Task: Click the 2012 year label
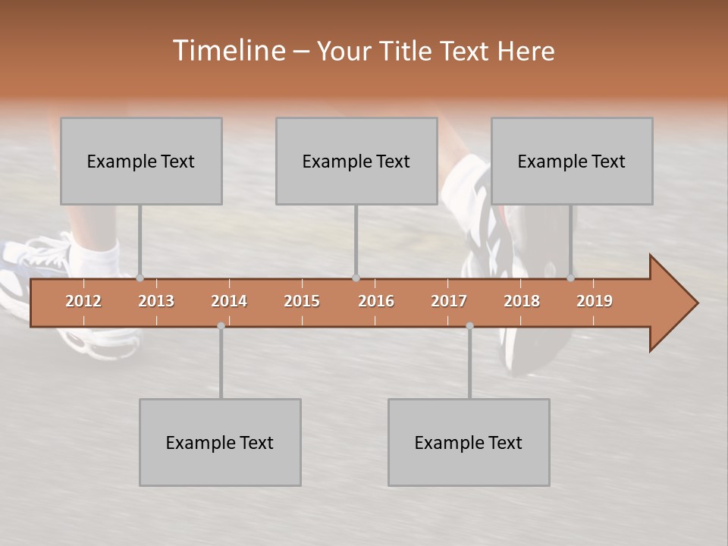point(83,301)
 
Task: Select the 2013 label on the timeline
point(156,301)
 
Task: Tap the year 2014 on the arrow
point(229,301)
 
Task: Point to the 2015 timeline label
point(302,301)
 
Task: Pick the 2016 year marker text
point(376,301)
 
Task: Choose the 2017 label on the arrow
point(449,301)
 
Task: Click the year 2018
point(522,301)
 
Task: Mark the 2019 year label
point(595,301)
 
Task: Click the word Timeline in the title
point(227,51)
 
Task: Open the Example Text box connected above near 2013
point(141,161)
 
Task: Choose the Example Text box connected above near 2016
point(356,161)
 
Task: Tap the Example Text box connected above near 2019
point(572,161)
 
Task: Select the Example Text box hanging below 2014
point(220,442)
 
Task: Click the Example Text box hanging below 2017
point(469,442)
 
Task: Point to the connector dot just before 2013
point(140,278)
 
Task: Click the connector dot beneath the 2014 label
point(221,325)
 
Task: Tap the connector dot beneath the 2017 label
point(469,325)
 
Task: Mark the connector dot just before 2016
point(356,278)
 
